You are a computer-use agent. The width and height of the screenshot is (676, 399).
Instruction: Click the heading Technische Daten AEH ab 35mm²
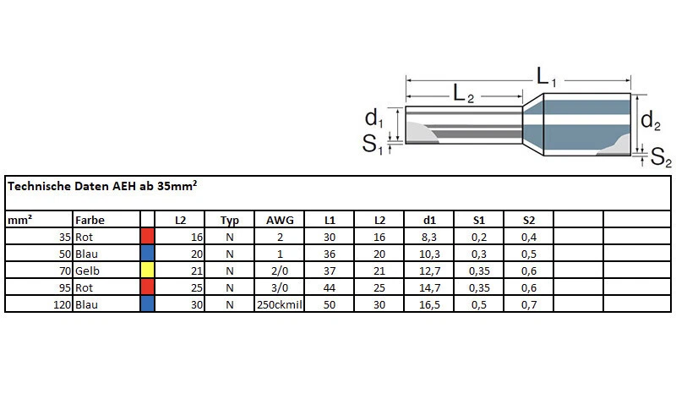point(102,186)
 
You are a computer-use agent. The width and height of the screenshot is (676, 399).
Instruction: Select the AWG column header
point(280,220)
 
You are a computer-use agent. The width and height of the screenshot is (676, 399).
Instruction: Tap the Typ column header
point(230,221)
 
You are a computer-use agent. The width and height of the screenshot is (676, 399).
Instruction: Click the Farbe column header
point(90,220)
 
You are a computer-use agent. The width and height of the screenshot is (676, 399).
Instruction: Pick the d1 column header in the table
point(429,220)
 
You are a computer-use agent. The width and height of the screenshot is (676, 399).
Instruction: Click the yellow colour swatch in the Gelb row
point(147,270)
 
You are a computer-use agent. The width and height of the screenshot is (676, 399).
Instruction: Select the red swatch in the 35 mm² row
point(147,237)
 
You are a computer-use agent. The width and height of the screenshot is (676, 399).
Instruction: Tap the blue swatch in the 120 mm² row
point(147,303)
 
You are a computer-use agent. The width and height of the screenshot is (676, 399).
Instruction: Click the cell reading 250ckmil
point(280,304)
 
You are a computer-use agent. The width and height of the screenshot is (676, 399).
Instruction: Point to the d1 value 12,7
point(429,271)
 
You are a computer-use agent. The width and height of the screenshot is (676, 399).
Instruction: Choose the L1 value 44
point(330,287)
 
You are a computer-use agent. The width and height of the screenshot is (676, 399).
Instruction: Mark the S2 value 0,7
point(529,304)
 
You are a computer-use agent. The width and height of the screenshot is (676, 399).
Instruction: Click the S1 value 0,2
point(478,237)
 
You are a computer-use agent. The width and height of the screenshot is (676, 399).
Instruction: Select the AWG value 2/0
point(280,271)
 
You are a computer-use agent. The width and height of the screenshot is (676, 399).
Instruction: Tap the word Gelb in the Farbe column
point(87,271)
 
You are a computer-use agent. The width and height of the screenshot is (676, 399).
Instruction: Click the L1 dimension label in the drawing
point(546,77)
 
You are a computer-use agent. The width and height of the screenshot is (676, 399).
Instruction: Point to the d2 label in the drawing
point(651,120)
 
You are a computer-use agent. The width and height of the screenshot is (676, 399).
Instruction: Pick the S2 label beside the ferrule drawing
point(661,157)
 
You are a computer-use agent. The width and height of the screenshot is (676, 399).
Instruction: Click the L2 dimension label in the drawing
point(463,93)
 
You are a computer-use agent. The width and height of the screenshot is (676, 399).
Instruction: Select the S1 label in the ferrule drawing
point(373,144)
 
